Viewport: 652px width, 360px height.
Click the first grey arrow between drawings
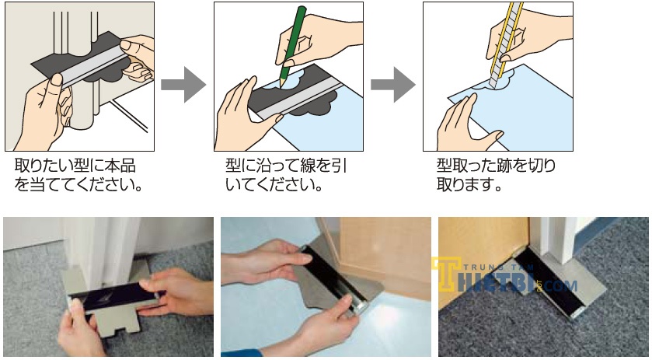[183, 85]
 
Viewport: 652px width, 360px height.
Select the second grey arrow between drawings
[393, 85]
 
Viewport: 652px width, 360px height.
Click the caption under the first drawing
[78, 174]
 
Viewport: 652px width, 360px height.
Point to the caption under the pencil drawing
[286, 174]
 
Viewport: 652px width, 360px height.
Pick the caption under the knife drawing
[496, 174]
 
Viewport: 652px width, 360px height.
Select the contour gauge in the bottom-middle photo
[335, 280]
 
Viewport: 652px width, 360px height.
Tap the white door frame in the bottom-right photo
[555, 240]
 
